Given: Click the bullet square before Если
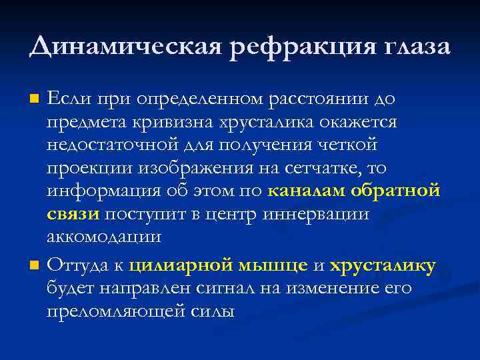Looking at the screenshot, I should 35,100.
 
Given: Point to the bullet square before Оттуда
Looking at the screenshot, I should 35,267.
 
